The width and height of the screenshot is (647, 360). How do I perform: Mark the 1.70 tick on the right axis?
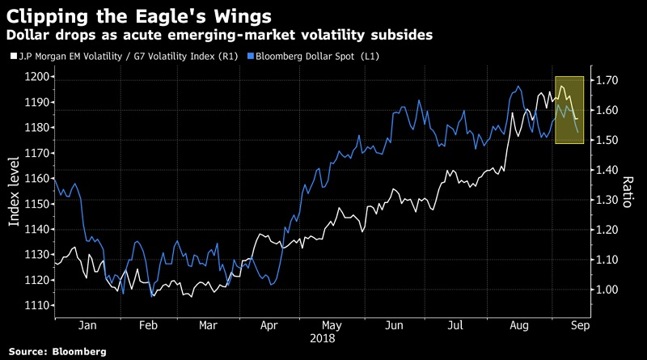(606, 80)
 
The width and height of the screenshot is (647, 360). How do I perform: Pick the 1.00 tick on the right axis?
(606, 290)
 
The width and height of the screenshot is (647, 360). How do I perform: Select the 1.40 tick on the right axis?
(606, 170)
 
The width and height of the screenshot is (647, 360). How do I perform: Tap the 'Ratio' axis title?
(627, 191)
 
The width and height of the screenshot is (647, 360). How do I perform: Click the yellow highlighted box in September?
(569, 109)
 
